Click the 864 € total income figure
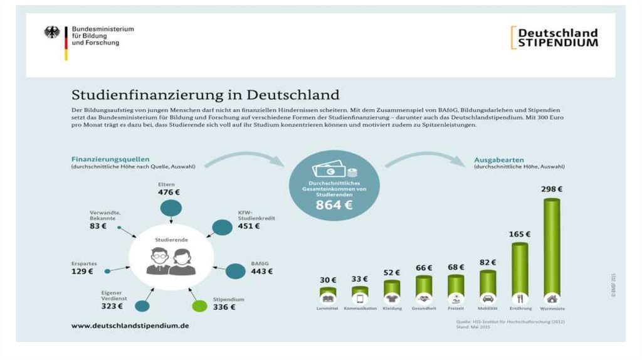tap(334, 204)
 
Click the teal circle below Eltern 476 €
tap(171, 208)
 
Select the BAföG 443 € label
tap(261, 268)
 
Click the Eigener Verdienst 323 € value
tap(115, 307)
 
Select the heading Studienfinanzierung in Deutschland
tap(206, 95)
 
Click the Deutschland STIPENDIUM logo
tap(554, 38)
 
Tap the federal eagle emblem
tap(52, 33)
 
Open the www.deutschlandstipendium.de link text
tap(130, 326)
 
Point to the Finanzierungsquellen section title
tap(110, 159)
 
